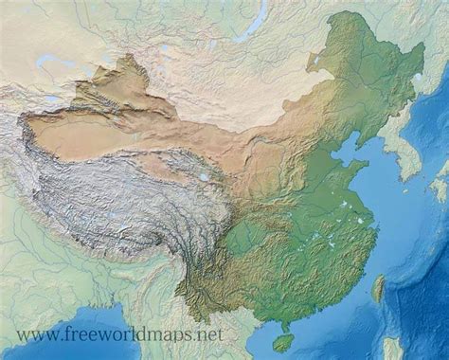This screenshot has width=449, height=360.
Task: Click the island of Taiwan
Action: pyautogui.click(x=379, y=287)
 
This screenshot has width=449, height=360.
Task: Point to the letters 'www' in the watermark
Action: pyautogui.click(x=34, y=334)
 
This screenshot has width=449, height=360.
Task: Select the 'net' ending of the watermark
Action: pyautogui.click(x=209, y=334)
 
